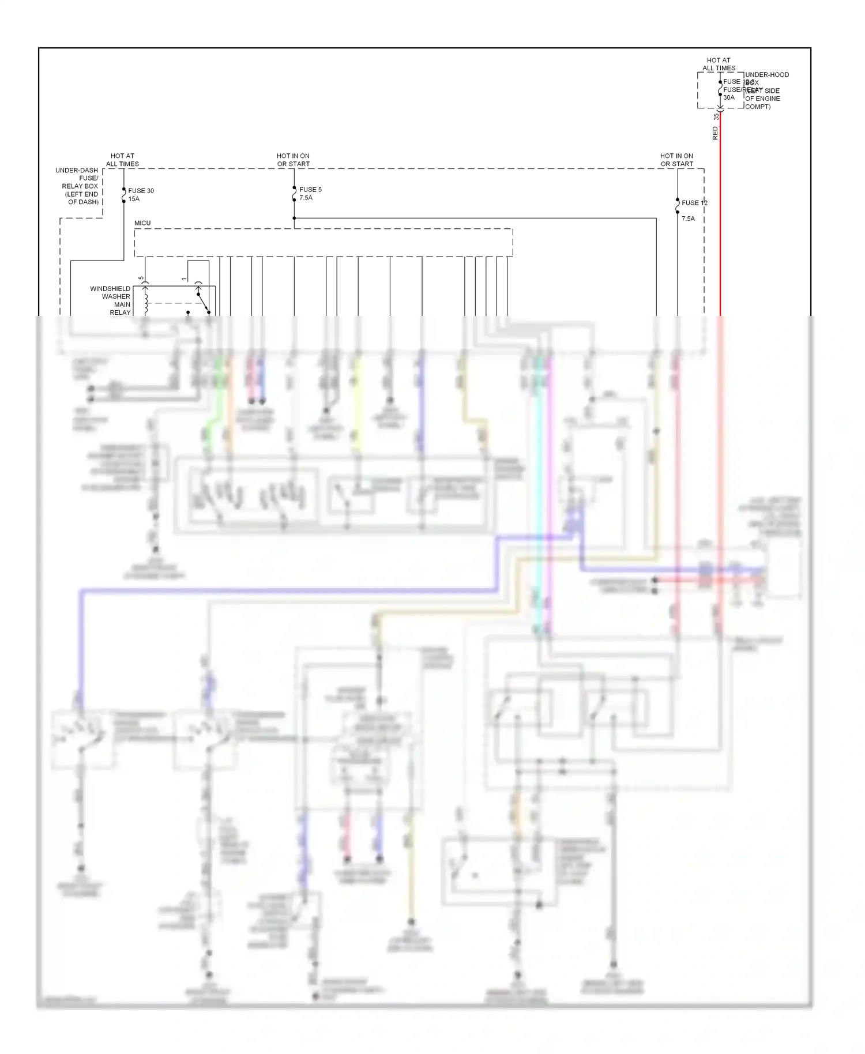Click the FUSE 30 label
click(141, 191)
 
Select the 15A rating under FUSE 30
click(134, 199)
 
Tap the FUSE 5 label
click(310, 190)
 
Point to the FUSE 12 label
click(694, 203)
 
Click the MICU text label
click(142, 223)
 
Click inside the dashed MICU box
click(323, 243)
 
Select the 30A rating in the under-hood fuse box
click(729, 98)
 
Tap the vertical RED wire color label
click(716, 134)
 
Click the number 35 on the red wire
click(716, 116)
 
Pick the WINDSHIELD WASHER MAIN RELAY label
click(110, 300)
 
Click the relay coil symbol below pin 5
click(145, 303)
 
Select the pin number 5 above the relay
click(141, 278)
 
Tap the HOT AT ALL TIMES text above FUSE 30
click(122, 160)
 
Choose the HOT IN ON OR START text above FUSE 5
click(293, 160)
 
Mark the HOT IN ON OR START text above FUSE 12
click(676, 160)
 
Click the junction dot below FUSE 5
click(294, 218)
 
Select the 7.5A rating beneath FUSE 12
click(688, 219)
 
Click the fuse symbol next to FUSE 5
click(294, 194)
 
